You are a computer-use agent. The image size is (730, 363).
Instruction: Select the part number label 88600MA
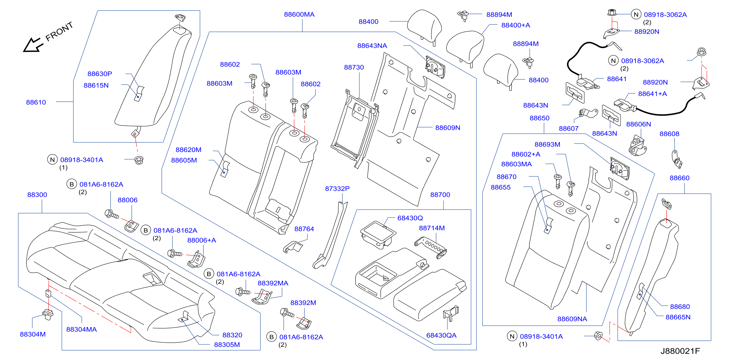click(299, 14)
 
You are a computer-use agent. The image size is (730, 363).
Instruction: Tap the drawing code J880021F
click(680, 351)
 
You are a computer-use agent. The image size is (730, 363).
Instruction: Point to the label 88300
click(37, 195)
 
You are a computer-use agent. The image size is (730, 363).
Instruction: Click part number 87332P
click(337, 189)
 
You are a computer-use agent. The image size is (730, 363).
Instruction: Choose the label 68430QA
click(441, 335)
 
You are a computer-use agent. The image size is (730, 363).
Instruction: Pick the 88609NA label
click(572, 319)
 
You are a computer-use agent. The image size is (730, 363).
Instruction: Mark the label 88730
click(354, 68)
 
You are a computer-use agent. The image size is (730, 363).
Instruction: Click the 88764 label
click(304, 229)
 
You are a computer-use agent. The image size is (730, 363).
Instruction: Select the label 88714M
click(432, 228)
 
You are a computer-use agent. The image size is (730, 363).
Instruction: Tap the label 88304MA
click(82, 329)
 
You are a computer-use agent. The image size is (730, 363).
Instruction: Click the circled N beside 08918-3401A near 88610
click(52, 160)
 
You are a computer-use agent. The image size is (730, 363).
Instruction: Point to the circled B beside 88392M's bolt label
click(271, 337)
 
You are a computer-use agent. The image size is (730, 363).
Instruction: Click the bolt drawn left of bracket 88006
click(112, 214)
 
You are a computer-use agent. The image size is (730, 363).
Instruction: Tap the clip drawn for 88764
click(293, 247)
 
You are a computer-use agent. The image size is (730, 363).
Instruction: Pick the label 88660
click(680, 178)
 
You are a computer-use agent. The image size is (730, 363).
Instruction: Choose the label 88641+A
click(652, 94)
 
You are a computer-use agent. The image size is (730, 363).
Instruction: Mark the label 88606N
click(638, 124)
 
